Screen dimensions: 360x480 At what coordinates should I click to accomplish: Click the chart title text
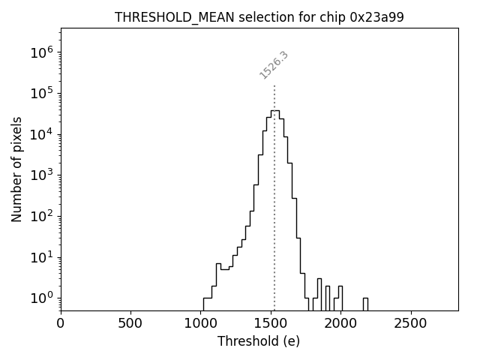pos(259,17)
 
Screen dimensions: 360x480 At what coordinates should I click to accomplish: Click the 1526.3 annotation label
pos(274,65)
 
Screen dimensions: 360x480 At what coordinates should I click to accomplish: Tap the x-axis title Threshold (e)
pos(259,341)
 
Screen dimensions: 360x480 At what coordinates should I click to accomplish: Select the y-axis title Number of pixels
pos(17,169)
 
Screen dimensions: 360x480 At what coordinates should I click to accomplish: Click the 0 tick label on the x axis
pos(61,323)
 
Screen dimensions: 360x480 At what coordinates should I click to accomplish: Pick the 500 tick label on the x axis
pos(130,323)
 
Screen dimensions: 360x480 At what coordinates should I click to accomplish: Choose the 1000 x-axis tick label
pos(201,323)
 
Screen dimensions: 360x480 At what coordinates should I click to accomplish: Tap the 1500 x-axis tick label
pos(271,323)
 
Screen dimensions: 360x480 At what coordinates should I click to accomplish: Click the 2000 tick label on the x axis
pos(341,323)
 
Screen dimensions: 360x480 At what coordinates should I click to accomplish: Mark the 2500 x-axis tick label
pos(411,323)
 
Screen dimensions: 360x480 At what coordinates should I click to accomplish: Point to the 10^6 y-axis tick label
pos(41,52)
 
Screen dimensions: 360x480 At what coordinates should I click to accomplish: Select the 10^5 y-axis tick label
pos(41,93)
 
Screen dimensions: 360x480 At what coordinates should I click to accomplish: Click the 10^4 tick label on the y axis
pos(41,134)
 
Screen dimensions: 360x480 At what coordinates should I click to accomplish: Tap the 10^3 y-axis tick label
pos(41,175)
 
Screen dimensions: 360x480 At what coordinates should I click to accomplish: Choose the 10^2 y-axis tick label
pos(41,216)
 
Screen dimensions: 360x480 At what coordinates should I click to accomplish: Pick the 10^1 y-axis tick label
pos(41,257)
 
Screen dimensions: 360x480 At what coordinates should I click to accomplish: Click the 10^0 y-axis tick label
pos(41,298)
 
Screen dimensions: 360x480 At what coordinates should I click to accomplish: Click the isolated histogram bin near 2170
pos(365,304)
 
